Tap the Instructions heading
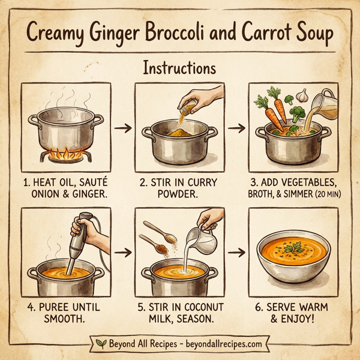[x=179, y=67]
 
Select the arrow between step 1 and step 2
[x=122, y=128]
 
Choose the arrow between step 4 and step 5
[x=122, y=252]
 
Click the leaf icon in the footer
[x=101, y=343]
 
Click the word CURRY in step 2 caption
[x=201, y=182]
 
